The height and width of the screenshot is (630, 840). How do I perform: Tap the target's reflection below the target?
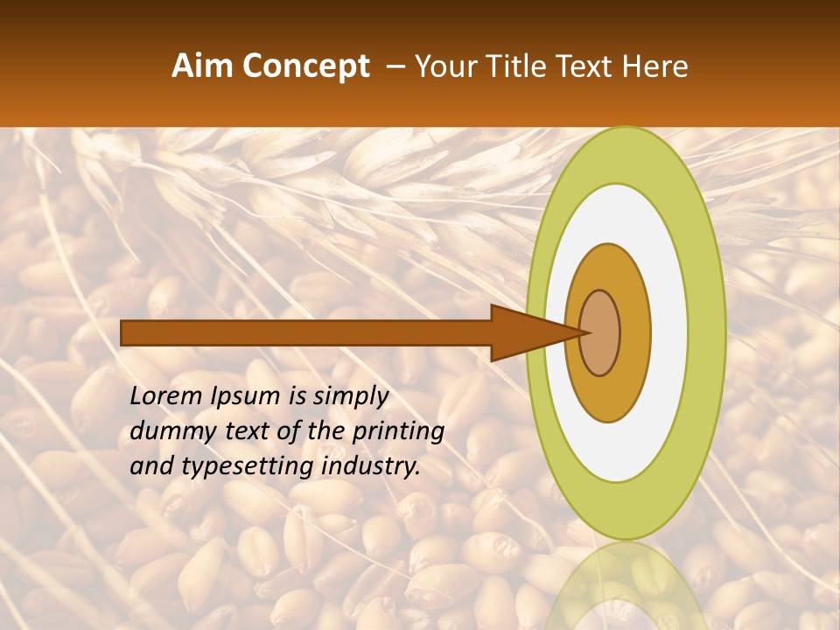(x=626, y=586)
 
